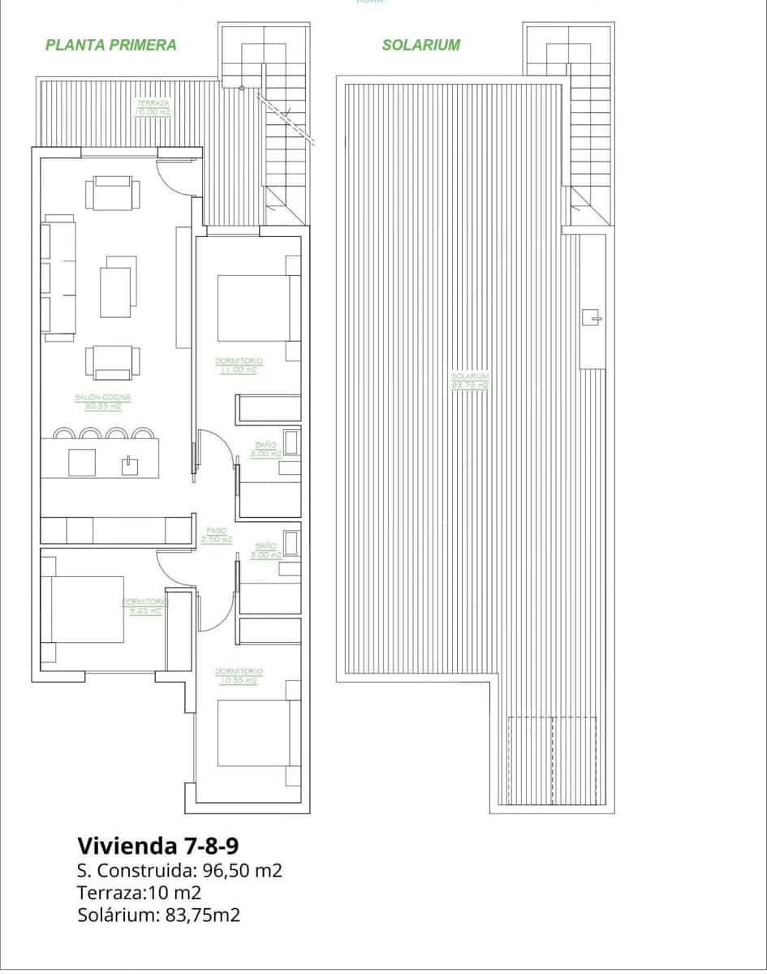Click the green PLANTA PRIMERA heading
click(x=110, y=45)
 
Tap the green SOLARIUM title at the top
click(x=420, y=45)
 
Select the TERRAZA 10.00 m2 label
click(x=153, y=108)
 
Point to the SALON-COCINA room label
click(x=103, y=401)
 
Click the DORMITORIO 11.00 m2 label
click(x=239, y=365)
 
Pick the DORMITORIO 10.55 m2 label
click(x=239, y=676)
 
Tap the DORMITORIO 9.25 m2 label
click(x=144, y=606)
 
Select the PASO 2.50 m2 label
click(x=216, y=534)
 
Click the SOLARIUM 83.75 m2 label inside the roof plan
click(x=471, y=381)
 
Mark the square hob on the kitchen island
click(x=82, y=462)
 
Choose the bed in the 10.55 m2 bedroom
click(x=253, y=733)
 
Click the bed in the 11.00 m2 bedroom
click(x=253, y=308)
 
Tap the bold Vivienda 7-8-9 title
click(x=157, y=846)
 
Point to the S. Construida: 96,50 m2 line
click(x=179, y=871)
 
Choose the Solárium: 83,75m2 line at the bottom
click(x=159, y=915)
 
